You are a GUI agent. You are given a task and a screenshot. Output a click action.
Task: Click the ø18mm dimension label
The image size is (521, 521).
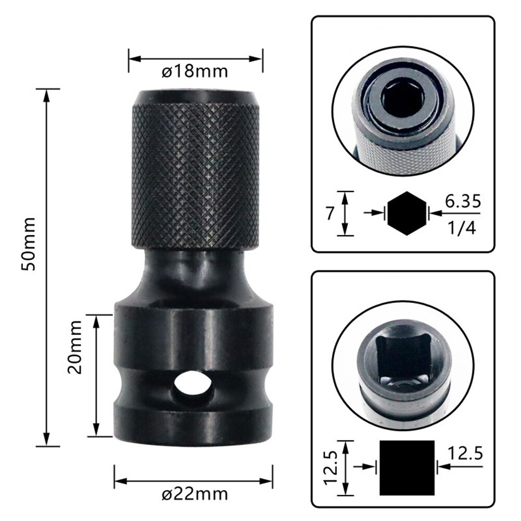195,71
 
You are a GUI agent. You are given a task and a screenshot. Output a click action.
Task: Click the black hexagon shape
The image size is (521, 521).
406,212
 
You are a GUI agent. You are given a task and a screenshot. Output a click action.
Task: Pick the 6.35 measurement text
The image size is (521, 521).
462,200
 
